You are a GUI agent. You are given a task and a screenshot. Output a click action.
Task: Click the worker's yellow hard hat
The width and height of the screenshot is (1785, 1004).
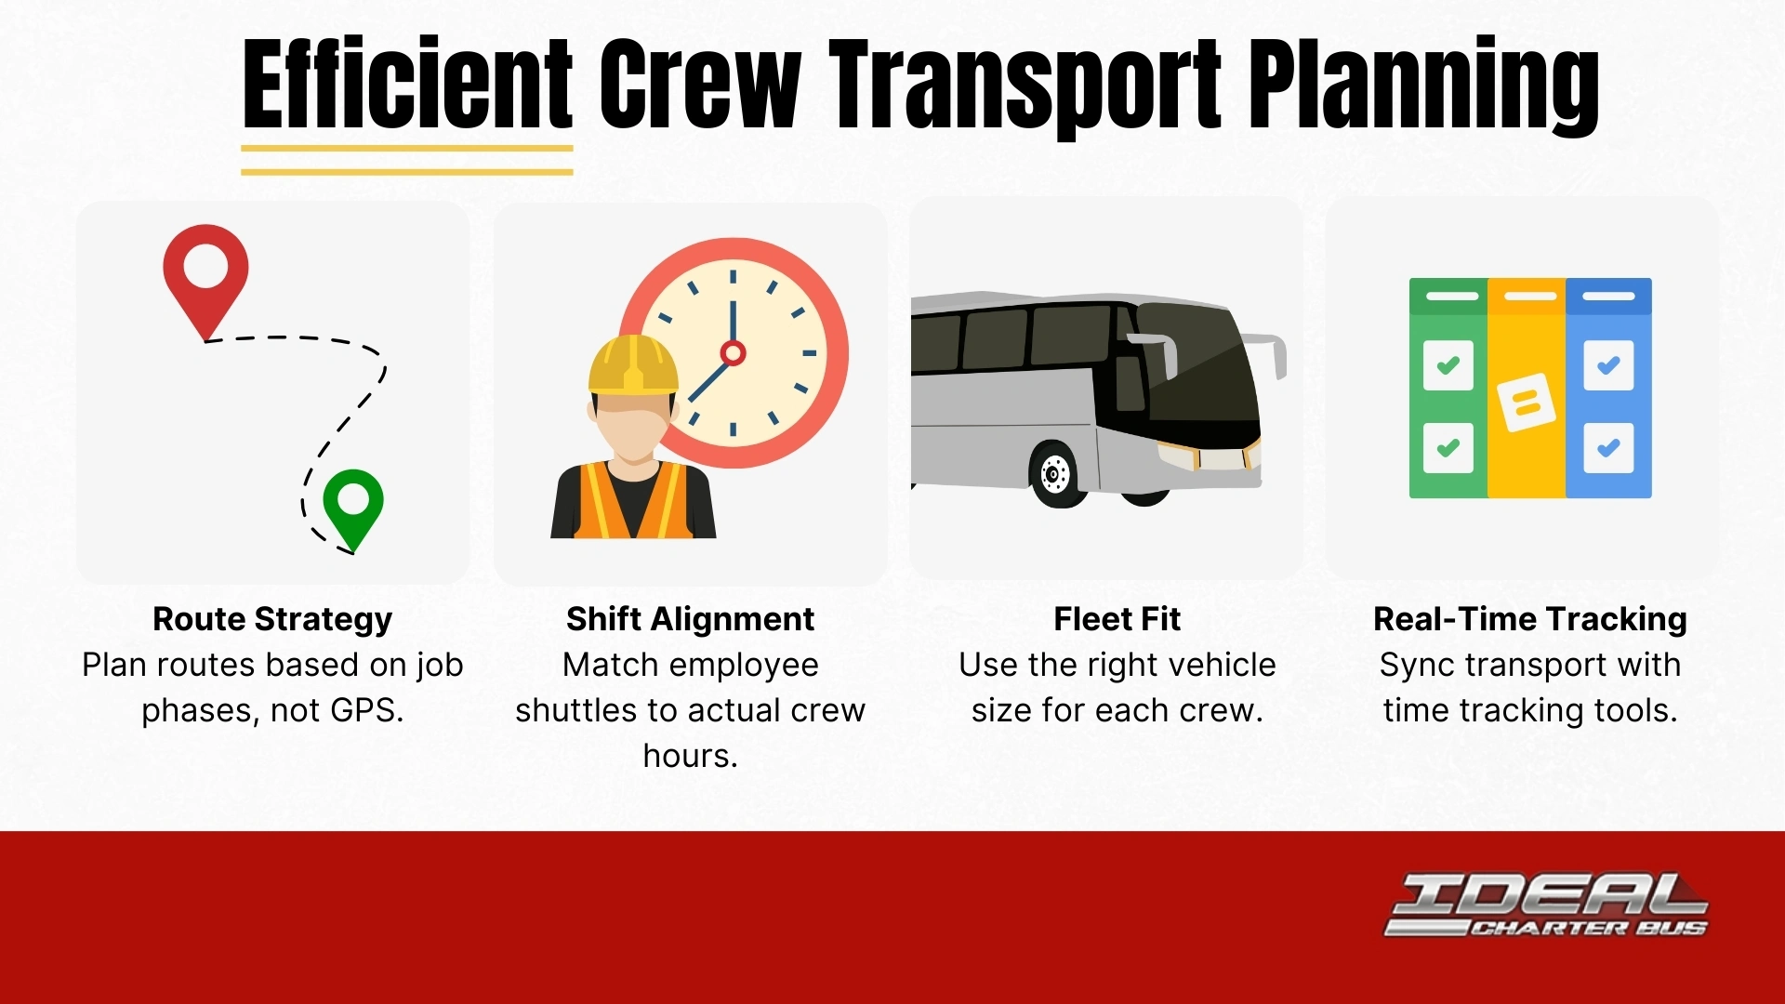[633, 364]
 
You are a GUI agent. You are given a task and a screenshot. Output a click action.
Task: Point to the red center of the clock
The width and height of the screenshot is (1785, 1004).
[734, 353]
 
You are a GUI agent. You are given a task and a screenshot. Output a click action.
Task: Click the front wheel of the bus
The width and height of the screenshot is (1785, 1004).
[1055, 474]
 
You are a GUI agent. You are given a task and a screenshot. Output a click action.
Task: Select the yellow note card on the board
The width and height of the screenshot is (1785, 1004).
[1526, 403]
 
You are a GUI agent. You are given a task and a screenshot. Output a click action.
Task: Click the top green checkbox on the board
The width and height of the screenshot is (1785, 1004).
[1448, 365]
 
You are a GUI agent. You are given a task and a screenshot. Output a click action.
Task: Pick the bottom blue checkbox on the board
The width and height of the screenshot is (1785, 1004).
[1608, 448]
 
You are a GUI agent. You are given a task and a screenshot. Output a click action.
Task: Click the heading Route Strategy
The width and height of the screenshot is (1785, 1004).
[272, 619]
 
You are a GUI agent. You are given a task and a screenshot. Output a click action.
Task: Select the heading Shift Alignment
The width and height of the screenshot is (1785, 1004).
[690, 619]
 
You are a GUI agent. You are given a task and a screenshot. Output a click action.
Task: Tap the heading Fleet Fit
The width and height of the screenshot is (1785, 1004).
[1117, 619]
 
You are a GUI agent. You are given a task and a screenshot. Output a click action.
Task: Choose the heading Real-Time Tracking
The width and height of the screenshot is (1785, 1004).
[1529, 619]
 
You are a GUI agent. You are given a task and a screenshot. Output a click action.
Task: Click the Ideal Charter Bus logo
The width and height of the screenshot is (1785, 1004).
[1546, 905]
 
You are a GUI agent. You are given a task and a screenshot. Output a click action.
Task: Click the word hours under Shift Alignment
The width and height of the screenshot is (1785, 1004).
[690, 756]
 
